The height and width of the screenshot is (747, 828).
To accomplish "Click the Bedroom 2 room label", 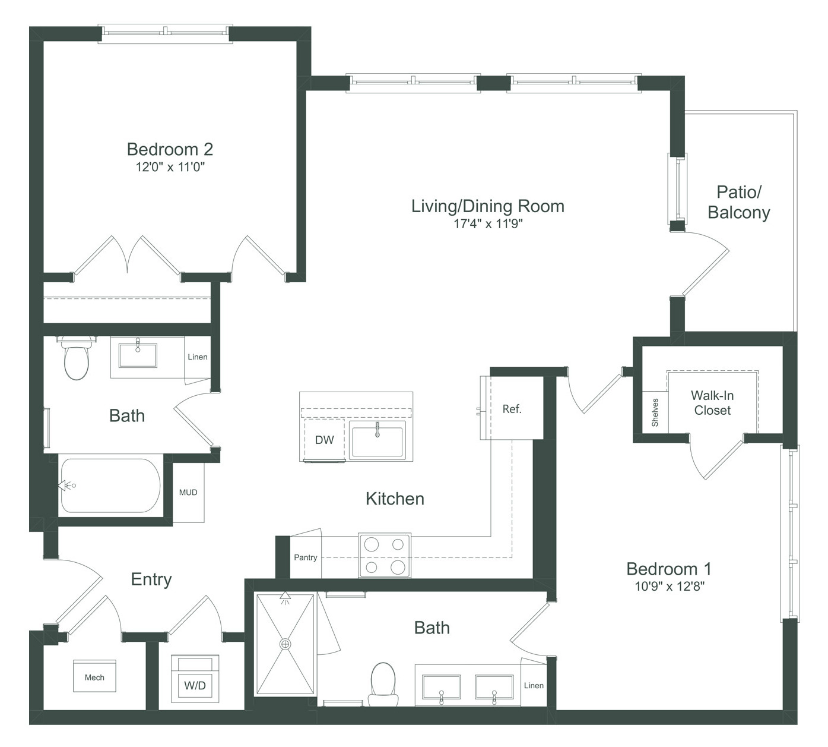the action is point(170,149).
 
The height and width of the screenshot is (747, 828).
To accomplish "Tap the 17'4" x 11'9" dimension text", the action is point(488,223).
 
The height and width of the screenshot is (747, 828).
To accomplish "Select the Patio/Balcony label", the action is point(739,202).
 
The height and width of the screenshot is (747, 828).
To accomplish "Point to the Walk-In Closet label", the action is point(712,403).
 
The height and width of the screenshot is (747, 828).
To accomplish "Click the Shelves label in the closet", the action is point(655,412).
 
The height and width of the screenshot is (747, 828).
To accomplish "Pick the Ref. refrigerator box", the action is point(512,408).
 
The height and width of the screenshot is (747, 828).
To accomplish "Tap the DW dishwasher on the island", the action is point(324,440).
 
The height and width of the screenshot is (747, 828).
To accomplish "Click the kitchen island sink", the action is point(377,440).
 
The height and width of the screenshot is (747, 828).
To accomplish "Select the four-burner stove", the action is point(385,556).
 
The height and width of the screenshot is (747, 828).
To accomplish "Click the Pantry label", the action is point(306,557).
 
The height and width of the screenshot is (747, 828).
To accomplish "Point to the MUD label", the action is point(188,492).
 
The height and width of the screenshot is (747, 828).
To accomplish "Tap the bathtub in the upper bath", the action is point(110,486).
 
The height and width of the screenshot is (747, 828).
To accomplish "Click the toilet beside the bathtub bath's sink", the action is point(77,358).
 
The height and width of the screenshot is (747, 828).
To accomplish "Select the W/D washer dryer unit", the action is point(195,679).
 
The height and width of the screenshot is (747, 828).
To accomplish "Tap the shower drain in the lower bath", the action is point(285,644).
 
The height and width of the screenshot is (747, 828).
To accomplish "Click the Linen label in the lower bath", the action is point(534,685).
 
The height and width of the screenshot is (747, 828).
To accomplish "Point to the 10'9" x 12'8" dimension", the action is point(669,586).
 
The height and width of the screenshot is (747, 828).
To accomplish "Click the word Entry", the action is point(151,579).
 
